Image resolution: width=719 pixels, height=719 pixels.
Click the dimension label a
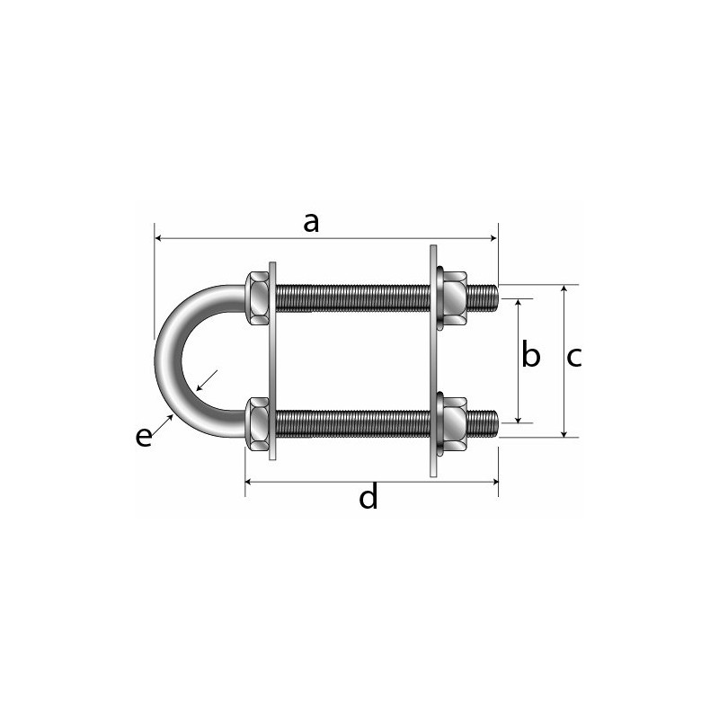tap(311, 222)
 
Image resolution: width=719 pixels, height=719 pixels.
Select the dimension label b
tap(531, 357)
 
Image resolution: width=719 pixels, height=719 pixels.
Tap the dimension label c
tap(574, 357)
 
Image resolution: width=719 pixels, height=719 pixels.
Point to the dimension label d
tap(368, 497)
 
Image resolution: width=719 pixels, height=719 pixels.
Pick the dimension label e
tap(144, 437)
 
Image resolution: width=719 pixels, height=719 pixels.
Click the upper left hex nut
tap(259, 296)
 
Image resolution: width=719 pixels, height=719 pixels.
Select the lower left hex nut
tap(259, 423)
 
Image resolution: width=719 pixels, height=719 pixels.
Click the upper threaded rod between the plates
tap(355, 297)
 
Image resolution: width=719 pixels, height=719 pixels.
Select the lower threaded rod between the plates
tap(355, 422)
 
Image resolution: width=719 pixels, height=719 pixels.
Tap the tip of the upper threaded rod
tap(493, 295)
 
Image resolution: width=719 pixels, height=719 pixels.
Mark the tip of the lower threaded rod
tap(493, 420)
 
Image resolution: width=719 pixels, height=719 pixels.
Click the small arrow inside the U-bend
tap(207, 380)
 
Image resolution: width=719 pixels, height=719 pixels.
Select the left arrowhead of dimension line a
tap(159, 238)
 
